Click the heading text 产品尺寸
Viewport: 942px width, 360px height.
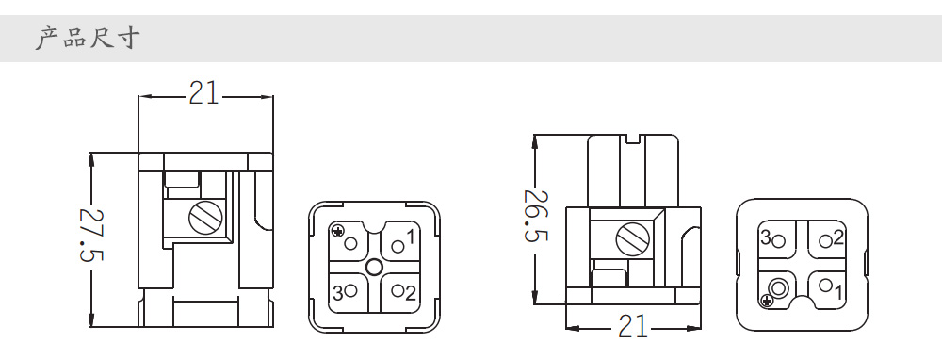88,38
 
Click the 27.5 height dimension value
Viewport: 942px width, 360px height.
92,235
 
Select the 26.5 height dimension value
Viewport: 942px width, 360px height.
536,216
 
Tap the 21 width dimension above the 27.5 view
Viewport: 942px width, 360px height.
203,93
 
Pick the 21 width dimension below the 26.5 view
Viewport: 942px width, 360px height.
634,327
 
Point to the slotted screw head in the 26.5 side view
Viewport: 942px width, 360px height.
633,239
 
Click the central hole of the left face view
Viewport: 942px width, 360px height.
374,267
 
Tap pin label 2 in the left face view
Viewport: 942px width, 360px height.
411,293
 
